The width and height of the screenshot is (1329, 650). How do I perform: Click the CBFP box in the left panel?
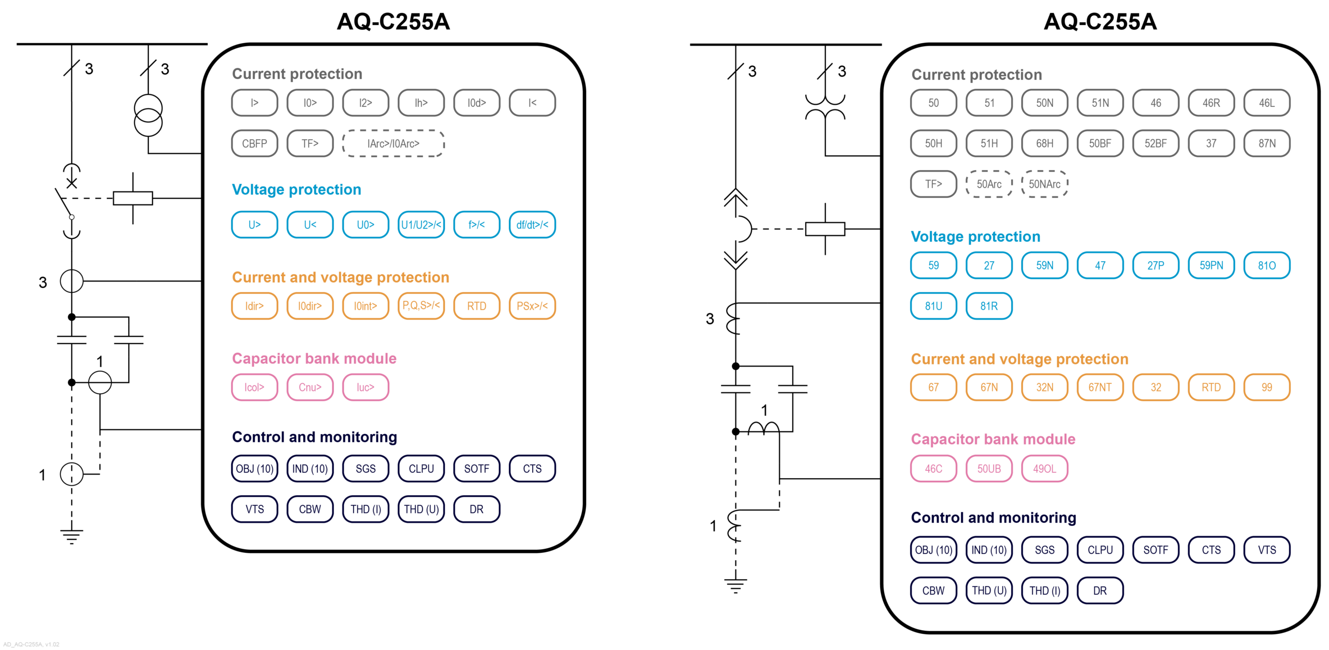254,143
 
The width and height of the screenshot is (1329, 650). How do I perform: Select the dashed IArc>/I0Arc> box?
393,143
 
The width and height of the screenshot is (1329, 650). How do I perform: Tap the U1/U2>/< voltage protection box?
421,225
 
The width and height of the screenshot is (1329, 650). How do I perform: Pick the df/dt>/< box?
532,225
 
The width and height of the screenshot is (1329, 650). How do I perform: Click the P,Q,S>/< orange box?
421,306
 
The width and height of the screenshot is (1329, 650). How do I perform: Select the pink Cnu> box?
310,387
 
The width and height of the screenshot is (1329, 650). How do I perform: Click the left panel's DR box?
476,509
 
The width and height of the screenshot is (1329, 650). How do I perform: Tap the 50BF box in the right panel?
1100,143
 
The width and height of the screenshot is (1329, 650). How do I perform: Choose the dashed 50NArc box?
1045,184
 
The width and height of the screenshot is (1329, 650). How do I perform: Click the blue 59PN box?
1211,265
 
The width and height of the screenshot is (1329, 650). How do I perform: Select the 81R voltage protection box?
989,306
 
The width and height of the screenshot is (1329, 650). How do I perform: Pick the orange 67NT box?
1100,387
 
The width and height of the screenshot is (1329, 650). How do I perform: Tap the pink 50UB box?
989,469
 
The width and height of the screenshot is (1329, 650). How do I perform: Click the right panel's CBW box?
933,591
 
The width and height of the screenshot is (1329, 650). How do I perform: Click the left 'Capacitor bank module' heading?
314,358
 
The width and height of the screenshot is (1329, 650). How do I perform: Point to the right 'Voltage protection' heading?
975,237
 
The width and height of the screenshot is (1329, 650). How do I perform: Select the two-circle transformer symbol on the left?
148,115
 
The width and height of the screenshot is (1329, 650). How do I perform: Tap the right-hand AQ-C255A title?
1100,22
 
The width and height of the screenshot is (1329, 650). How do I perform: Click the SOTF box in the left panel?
476,469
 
